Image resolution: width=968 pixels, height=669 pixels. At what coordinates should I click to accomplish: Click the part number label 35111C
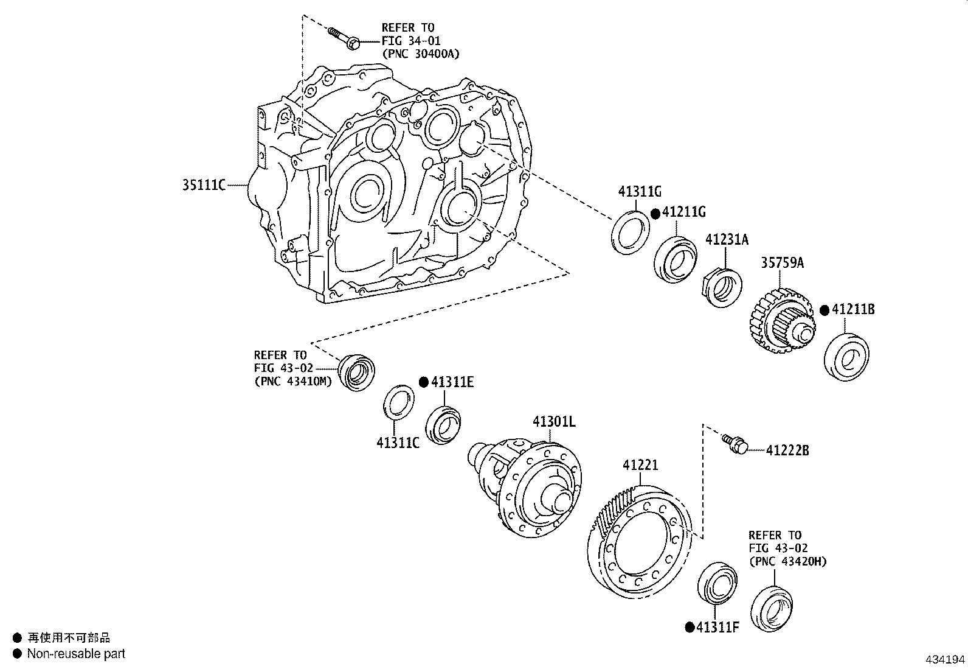pos(204,185)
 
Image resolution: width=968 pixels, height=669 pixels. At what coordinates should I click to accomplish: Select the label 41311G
pos(640,192)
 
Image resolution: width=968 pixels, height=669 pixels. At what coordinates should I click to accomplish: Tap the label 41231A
pos(727,240)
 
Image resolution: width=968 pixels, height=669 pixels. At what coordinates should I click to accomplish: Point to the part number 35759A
pos(782,263)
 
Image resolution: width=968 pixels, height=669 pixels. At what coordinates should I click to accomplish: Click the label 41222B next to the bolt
pos(787,450)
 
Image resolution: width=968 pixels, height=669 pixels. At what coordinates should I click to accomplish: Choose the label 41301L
pos(554,421)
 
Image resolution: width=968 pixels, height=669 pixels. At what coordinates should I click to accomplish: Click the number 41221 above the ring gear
pos(640,466)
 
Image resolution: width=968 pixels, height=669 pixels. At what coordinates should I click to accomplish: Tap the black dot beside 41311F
pos(690,628)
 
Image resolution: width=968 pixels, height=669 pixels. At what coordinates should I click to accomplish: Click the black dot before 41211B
pos(824,310)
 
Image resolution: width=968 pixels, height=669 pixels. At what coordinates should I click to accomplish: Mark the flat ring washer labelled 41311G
pos(629,232)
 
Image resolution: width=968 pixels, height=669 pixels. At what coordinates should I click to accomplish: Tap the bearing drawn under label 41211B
pos(846,357)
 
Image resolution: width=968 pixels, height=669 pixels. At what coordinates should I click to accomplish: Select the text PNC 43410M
pos(293,382)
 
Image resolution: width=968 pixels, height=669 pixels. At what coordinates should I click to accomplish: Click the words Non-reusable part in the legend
pos(76,654)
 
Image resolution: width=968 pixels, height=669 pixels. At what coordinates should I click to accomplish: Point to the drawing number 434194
pos(945,660)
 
